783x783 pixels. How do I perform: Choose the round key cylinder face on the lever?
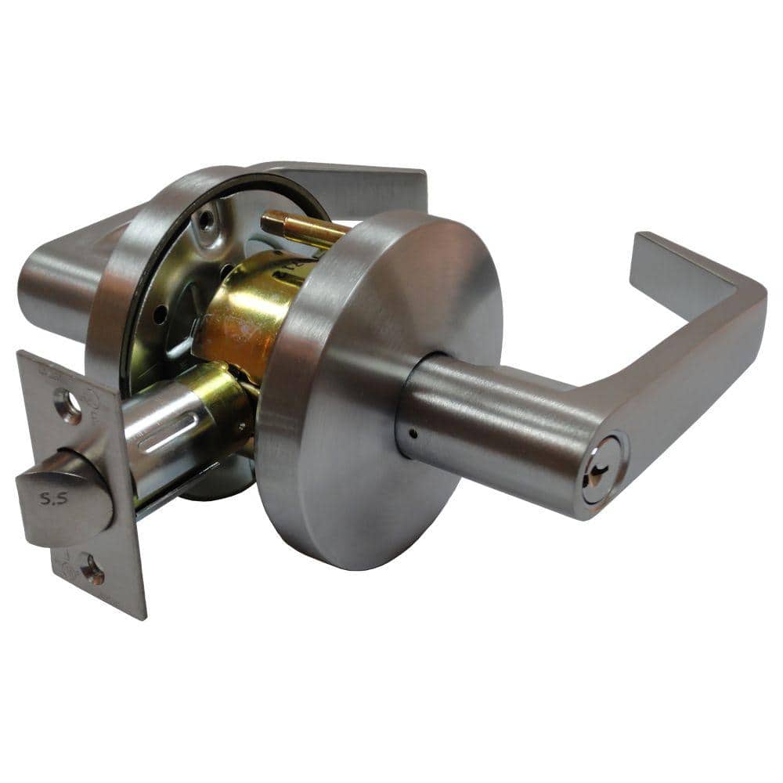pyautogui.click(x=603, y=468)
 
